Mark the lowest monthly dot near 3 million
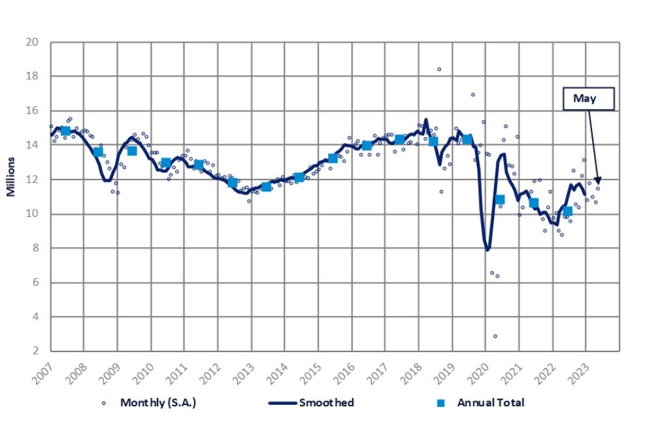(x=495, y=336)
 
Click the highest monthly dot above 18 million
(x=439, y=69)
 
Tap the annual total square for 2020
(x=500, y=200)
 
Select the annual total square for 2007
(x=65, y=131)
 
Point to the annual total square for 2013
(x=266, y=187)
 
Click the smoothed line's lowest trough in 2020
(x=488, y=250)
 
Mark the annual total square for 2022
(x=567, y=211)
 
